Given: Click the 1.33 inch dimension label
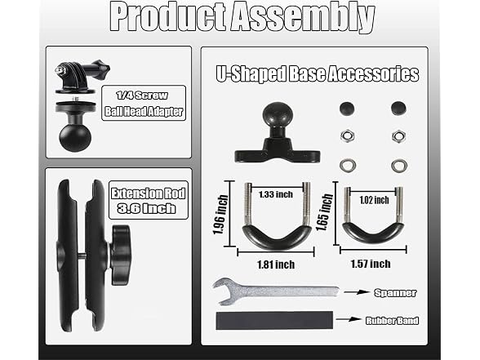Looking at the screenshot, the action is [x=276, y=194].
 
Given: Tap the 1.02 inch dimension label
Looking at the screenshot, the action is [x=374, y=200].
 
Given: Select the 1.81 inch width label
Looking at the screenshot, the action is [x=276, y=264].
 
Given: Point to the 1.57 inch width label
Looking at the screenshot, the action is [x=371, y=264].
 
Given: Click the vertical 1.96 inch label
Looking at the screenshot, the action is [x=220, y=215].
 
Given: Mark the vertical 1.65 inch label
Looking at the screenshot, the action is [x=325, y=212].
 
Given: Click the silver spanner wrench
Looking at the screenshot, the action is [x=276, y=291].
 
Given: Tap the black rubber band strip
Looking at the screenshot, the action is [x=274, y=321].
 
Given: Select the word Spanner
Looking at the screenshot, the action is [x=395, y=293].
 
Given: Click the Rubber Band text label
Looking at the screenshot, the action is [x=392, y=321].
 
